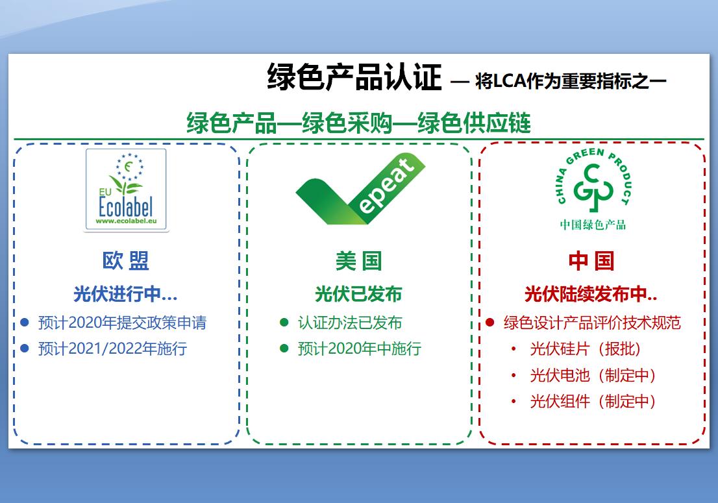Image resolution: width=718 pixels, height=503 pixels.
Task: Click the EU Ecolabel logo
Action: coord(126,190)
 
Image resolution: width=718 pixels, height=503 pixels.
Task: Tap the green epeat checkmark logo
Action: coord(360,189)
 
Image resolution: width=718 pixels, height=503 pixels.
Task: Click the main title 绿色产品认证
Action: coord(354,77)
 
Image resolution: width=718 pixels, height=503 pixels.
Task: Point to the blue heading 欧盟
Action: coord(126,261)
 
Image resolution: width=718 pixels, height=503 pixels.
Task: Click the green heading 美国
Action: coord(358,261)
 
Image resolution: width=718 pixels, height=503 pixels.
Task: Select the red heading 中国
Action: coord(591,261)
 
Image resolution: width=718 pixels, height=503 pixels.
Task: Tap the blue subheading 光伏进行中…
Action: coord(125,294)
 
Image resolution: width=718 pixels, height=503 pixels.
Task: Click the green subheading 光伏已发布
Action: coord(358,294)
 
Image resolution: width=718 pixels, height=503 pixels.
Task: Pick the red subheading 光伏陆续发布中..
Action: coord(591,294)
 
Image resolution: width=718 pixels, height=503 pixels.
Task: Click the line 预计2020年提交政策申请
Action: coord(122,323)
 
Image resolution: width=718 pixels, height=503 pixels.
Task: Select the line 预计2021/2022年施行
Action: coord(113,349)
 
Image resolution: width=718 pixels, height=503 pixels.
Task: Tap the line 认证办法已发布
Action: coord(350,323)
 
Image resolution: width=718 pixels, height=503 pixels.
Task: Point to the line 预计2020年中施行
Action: coord(360,349)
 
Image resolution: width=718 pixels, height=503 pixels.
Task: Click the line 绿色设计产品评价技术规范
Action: coord(592,323)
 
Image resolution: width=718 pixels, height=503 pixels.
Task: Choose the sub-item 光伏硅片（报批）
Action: coord(585,349)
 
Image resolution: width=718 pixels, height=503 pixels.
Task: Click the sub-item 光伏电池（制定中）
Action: coord(593,375)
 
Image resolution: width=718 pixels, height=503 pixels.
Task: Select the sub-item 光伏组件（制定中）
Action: coord(593,401)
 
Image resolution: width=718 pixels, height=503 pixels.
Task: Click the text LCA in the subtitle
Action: coord(510,81)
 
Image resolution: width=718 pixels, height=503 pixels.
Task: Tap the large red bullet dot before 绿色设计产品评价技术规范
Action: coord(490,323)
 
